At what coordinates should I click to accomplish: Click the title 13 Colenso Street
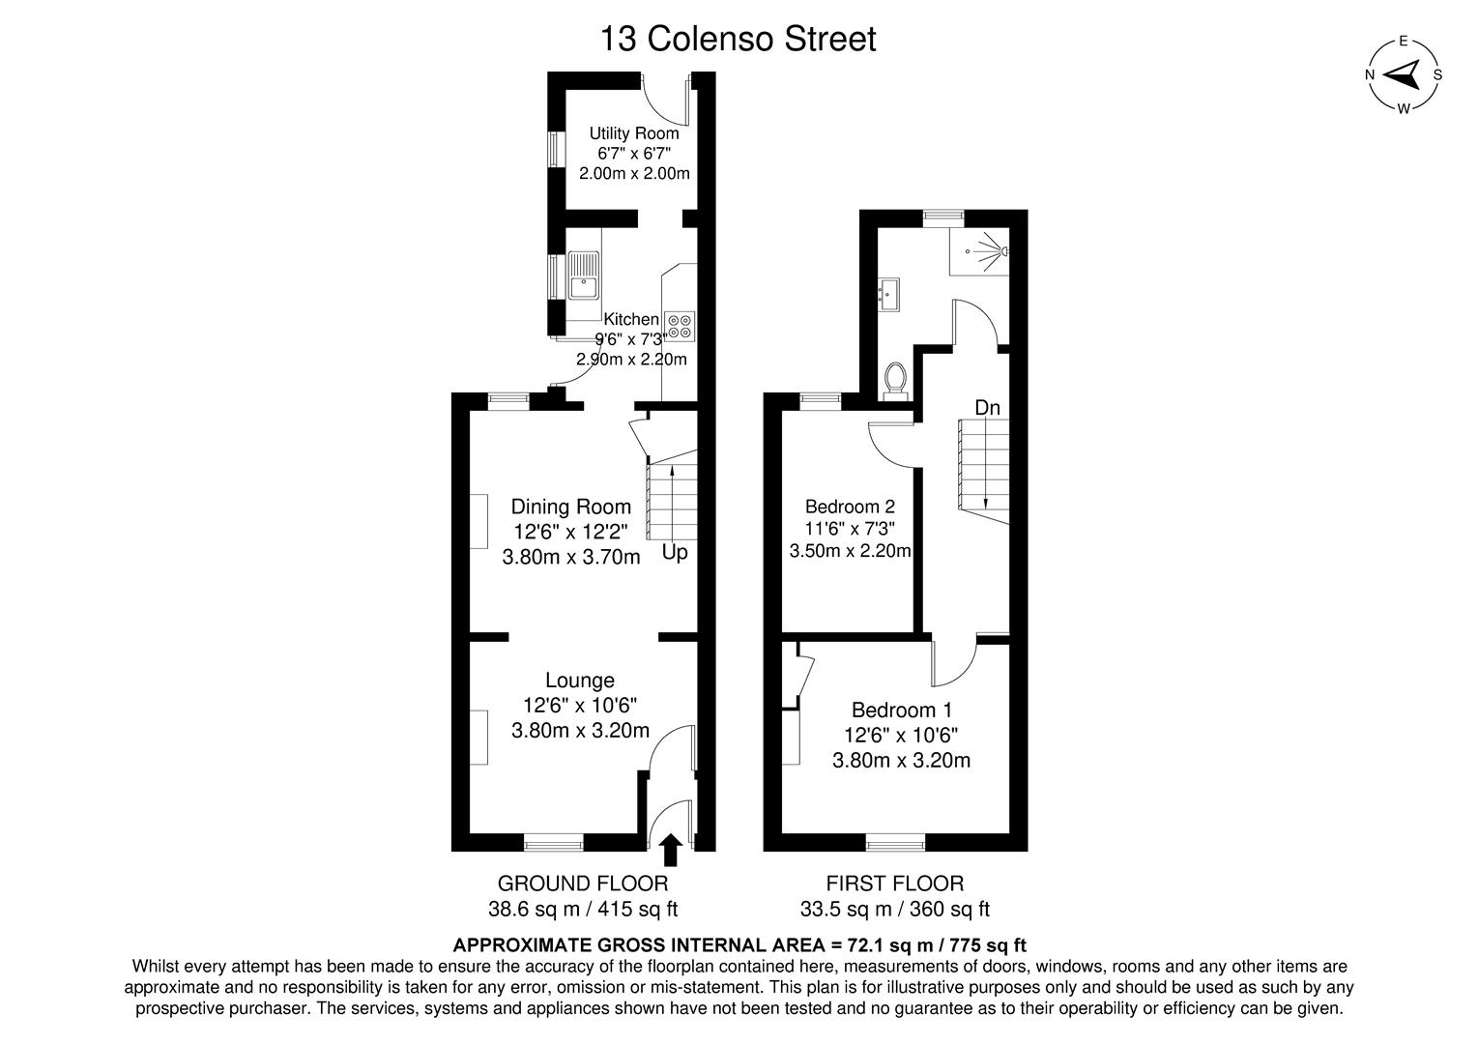pos(739,40)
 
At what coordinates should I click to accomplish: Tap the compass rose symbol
pos(1404,74)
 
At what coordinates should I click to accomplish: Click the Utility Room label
pos(634,133)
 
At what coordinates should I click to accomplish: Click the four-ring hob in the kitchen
pos(680,326)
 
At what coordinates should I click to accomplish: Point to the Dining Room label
pos(570,507)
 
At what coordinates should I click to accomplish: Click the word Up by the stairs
pos(675,553)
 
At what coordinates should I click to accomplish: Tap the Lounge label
pos(579,681)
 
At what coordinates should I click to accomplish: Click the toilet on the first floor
pos(895,381)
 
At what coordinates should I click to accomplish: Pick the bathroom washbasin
pos(888,293)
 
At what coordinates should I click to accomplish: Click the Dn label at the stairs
pos(987,408)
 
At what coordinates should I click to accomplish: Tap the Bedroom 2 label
pos(850,507)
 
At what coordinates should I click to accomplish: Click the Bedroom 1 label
pos(900,710)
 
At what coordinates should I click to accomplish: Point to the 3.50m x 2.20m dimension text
pos(850,552)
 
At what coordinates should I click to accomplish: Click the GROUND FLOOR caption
pos(582,883)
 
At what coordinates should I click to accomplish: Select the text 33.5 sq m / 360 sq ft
pos(894,909)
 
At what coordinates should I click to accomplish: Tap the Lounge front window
pos(554,844)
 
